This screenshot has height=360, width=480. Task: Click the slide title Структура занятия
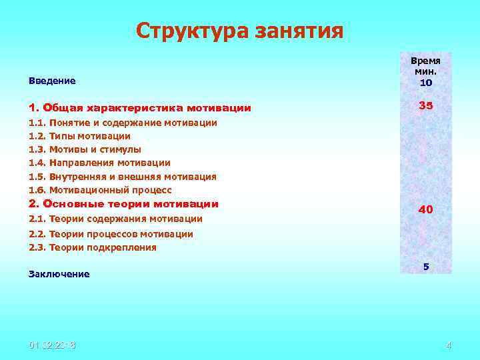(239, 31)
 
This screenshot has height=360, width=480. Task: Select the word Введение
(52, 81)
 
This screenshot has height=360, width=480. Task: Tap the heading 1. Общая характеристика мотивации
(140, 107)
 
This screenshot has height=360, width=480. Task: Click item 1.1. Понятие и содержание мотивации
(123, 123)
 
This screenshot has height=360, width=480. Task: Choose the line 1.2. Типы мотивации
(79, 136)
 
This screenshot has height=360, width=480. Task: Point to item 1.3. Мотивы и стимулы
(85, 149)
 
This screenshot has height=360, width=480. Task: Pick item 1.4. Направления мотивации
(99, 163)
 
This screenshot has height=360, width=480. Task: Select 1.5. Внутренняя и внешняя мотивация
(123, 177)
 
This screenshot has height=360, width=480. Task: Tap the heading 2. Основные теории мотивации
(123, 204)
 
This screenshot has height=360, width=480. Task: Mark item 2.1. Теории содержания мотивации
(115, 219)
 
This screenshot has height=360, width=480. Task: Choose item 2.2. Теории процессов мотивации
(111, 234)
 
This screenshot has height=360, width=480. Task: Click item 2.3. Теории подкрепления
(93, 247)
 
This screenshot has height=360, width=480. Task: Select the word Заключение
(59, 274)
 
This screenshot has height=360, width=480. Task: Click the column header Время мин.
(426, 66)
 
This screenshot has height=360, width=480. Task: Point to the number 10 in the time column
(426, 83)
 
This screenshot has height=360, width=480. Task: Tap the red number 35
(426, 106)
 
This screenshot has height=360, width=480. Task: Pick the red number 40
(425, 209)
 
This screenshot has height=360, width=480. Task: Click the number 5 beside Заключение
(426, 266)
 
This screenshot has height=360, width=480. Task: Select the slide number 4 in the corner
(448, 345)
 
